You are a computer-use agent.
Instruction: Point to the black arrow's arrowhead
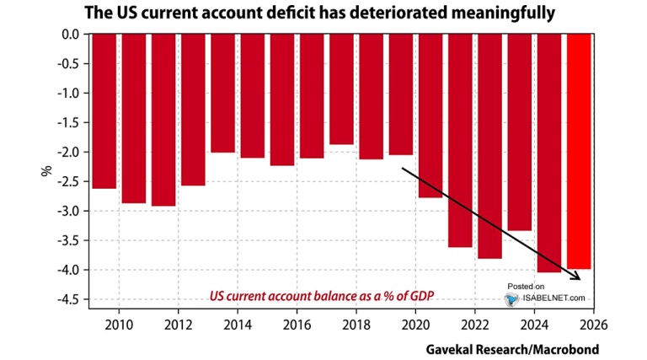[577, 277]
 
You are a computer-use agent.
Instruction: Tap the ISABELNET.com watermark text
[553, 298]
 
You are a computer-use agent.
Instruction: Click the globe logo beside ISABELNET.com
[511, 298]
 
